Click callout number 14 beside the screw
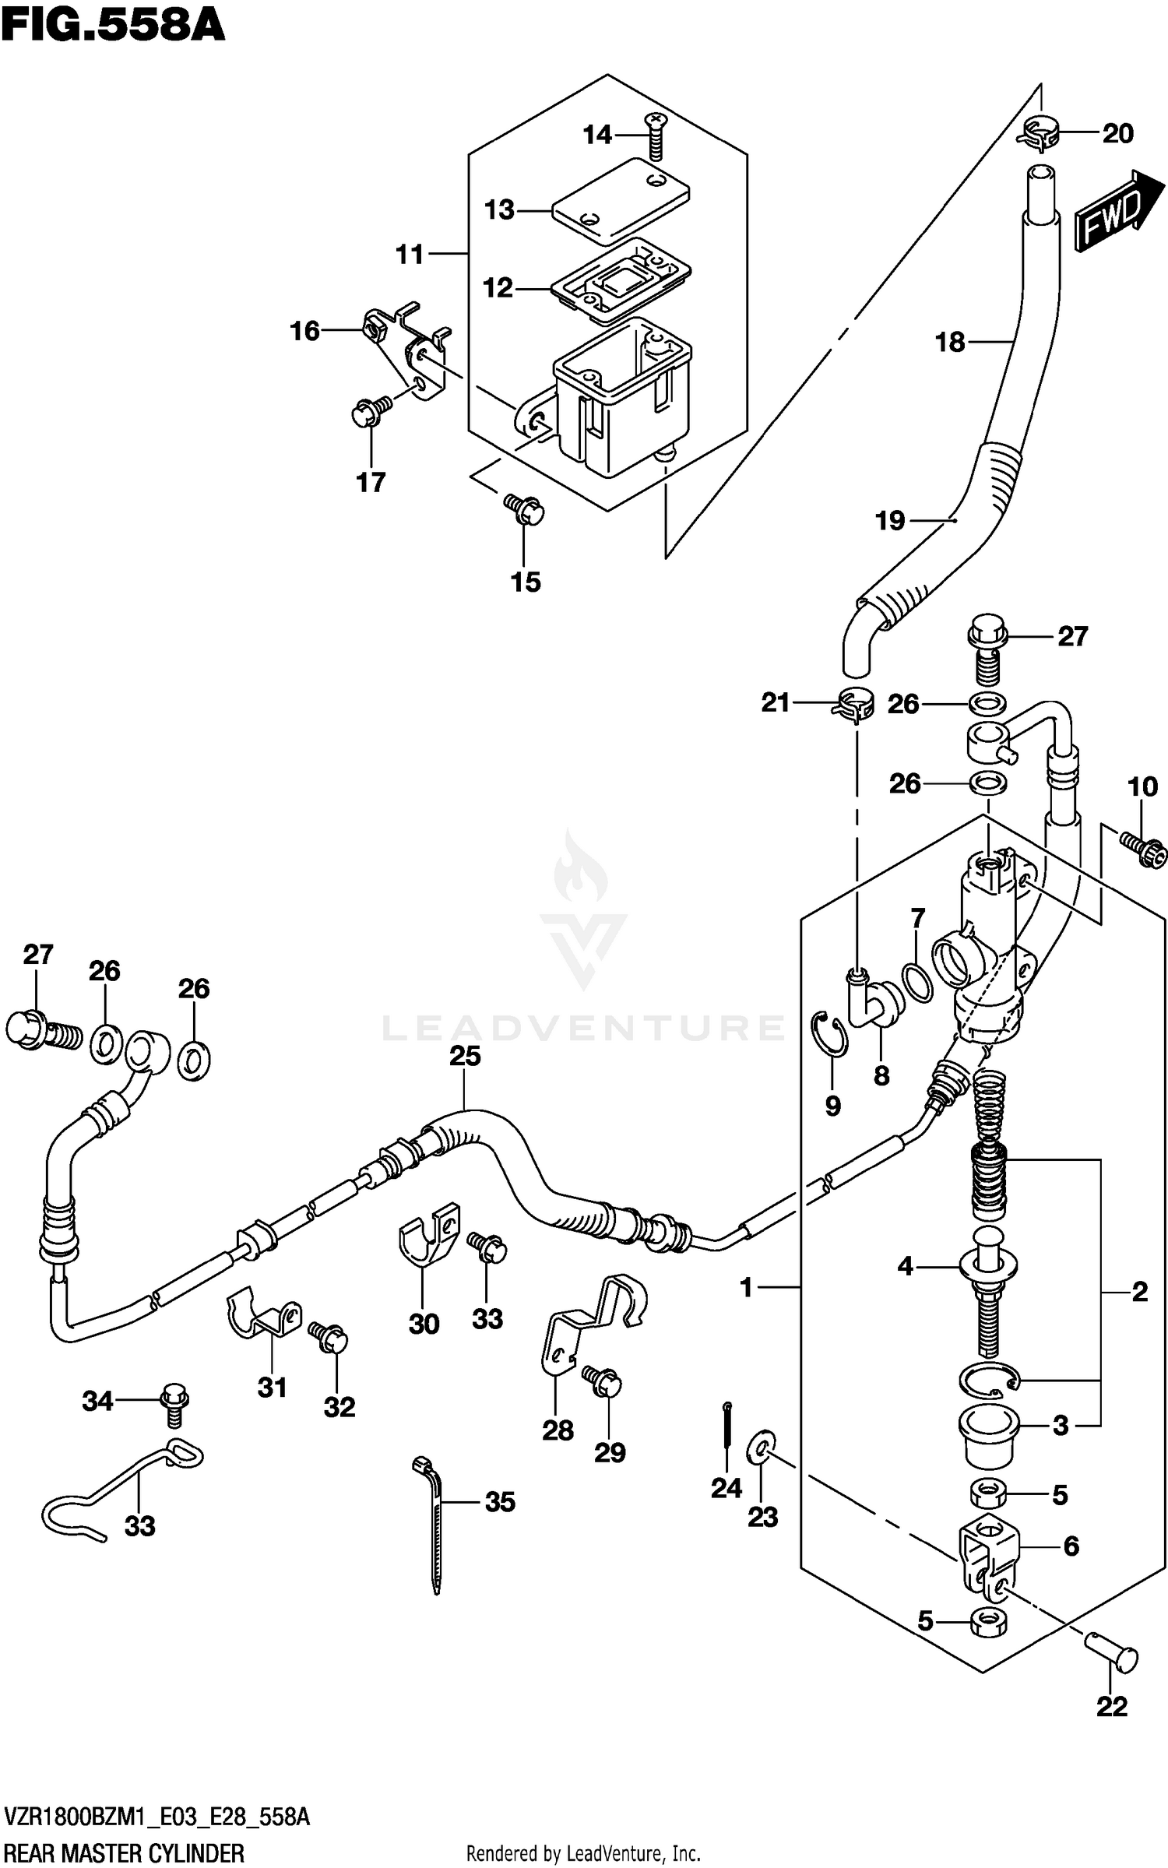[x=597, y=135]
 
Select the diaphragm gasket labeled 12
[x=621, y=280]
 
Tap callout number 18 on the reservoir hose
[x=950, y=342]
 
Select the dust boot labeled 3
[x=987, y=1434]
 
